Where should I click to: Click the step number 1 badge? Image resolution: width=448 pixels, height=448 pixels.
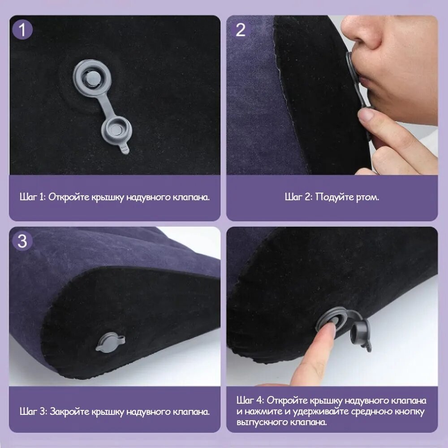[22, 30]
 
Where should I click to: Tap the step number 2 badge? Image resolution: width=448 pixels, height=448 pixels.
[240, 30]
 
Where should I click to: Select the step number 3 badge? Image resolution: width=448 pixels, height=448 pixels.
[22, 241]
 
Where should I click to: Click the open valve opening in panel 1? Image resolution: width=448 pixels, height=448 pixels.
[92, 78]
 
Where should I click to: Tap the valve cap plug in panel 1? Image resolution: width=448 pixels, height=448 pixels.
[116, 130]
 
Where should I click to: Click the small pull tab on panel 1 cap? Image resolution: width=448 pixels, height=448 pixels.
[125, 149]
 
